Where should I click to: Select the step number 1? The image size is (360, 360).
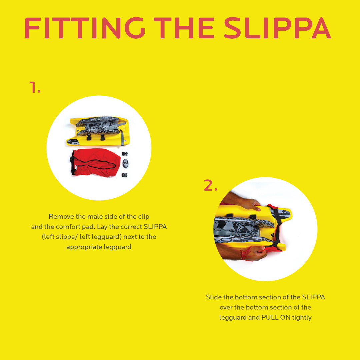[35, 87]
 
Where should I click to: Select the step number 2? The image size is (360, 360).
[210, 186]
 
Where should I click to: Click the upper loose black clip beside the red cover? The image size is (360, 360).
[125, 154]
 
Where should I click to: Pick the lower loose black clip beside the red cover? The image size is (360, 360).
[125, 175]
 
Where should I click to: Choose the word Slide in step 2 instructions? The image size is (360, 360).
[213, 297]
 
